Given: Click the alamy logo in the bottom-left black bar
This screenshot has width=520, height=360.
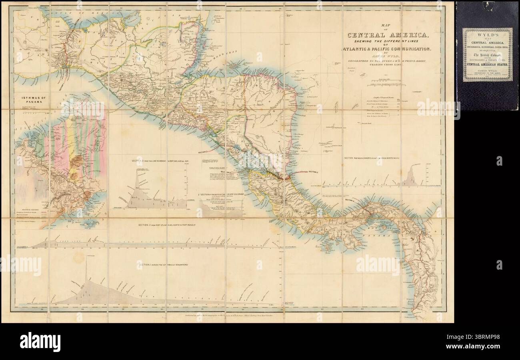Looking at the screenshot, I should pos(40,341).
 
